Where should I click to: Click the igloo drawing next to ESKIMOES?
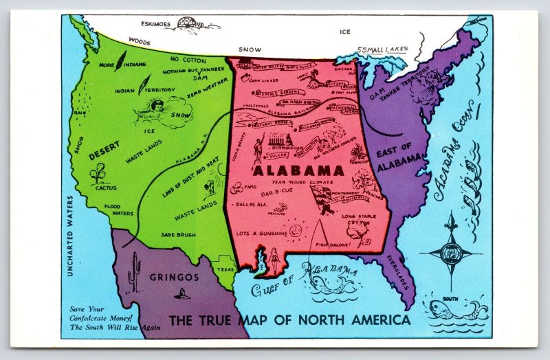193,23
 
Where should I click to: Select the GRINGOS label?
173,278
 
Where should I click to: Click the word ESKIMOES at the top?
151,23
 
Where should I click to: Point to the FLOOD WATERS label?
118,210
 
